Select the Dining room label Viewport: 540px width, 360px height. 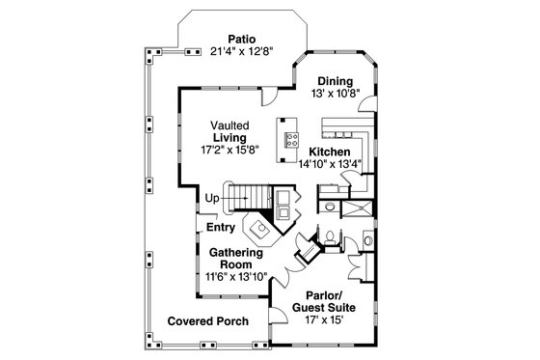(x=335, y=81)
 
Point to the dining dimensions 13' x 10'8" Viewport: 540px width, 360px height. (x=335, y=94)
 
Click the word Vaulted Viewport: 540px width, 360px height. (x=231, y=125)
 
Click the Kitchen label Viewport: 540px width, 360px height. (x=329, y=152)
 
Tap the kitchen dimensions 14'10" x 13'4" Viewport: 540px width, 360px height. (x=329, y=165)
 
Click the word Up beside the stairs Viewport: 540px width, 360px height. (x=210, y=199)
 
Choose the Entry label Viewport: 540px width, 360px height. (x=221, y=228)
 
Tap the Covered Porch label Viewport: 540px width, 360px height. (x=207, y=320)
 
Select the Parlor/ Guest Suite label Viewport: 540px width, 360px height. (x=322, y=302)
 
